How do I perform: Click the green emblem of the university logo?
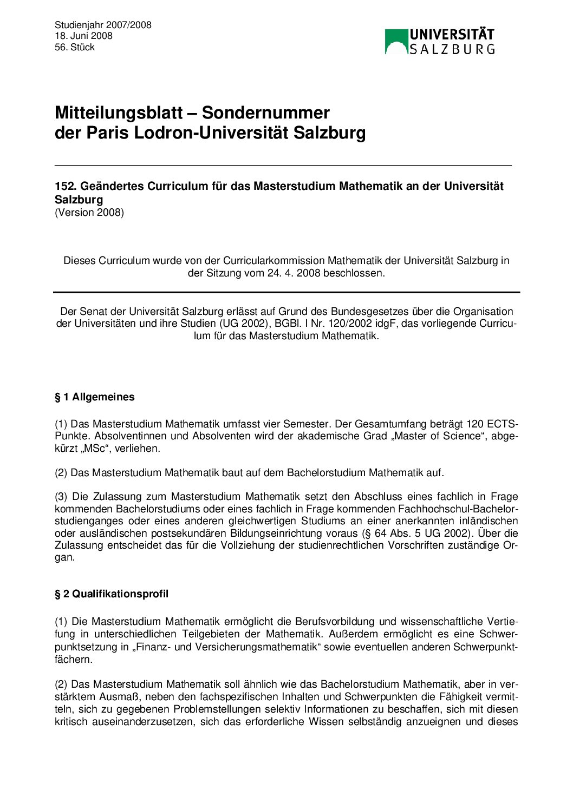pyautogui.click(x=396, y=42)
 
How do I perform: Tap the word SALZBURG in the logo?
pyautogui.click(x=452, y=49)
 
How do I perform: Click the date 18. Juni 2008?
pyautogui.click(x=83, y=36)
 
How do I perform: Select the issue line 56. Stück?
pyautogui.click(x=75, y=47)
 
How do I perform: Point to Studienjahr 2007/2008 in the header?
pyautogui.click(x=103, y=25)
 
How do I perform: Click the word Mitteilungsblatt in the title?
pyautogui.click(x=119, y=113)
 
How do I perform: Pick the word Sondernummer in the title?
pyautogui.click(x=265, y=113)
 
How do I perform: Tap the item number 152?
pyautogui.click(x=65, y=186)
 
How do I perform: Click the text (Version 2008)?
pyautogui.click(x=89, y=212)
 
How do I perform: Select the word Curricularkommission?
pyautogui.click(x=274, y=260)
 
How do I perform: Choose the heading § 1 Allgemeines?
pyautogui.click(x=94, y=397)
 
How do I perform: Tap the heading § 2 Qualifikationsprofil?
pyautogui.click(x=112, y=594)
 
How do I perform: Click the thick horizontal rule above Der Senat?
pyautogui.click(x=286, y=292)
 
